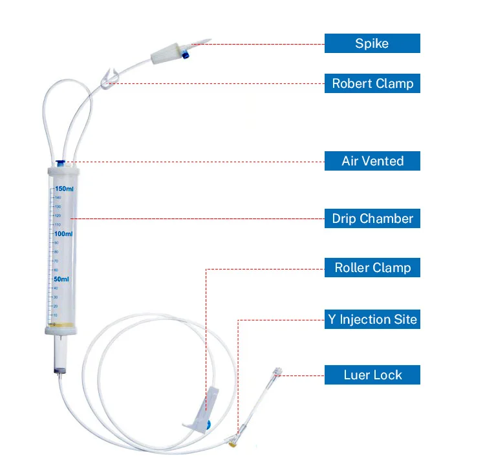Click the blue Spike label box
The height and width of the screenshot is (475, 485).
coord(372,43)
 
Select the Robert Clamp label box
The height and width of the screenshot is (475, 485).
coord(372,83)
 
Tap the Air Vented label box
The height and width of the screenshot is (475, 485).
coord(372,161)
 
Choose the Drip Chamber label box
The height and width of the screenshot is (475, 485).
coord(372,218)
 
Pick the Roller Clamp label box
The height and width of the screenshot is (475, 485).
coord(372,268)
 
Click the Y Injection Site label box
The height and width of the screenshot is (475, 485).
coord(372,319)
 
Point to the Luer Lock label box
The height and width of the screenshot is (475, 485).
coord(372,375)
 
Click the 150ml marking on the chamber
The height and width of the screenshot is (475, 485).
coord(64,189)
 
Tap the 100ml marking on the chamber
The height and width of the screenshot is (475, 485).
coord(63,234)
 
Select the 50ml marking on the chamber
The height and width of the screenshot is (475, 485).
coord(61,279)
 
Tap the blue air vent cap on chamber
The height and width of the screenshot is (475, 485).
coord(60,163)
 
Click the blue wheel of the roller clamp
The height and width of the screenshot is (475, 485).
coord(208,427)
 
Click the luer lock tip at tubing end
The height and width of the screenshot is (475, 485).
coord(278,372)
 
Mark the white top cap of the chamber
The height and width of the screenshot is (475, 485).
coord(63,173)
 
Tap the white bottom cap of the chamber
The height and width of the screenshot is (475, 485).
coord(63,330)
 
